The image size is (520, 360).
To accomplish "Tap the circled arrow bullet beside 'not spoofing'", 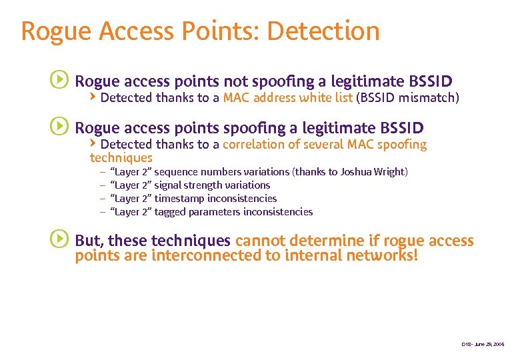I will (59, 80).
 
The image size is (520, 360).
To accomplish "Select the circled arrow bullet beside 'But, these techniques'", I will (59, 239).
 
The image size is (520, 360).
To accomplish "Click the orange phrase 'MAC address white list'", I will (288, 98).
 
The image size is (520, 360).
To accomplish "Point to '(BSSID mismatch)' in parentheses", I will (408, 98).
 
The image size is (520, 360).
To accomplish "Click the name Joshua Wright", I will (372, 172).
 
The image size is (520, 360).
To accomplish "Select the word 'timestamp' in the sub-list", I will (179, 199).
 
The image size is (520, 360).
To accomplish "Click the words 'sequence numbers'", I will (198, 172).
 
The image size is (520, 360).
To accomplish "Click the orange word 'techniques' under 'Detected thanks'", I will (121, 158).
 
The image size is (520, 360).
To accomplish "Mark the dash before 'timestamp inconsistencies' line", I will (103, 199).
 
